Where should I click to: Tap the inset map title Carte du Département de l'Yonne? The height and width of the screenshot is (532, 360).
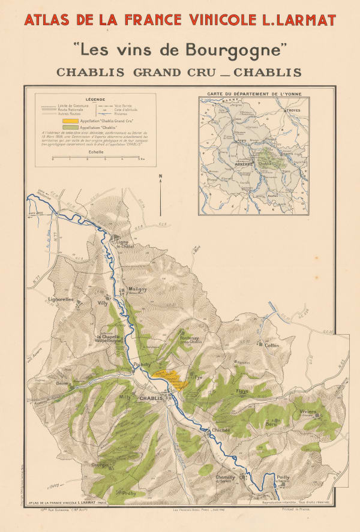pos(254,95)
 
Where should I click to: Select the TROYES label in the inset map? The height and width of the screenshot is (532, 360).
pos(293,111)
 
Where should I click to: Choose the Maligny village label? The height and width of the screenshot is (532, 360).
pos(137,289)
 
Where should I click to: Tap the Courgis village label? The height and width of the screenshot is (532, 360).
pos(100,465)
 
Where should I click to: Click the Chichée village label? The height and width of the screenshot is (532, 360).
pos(220,430)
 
